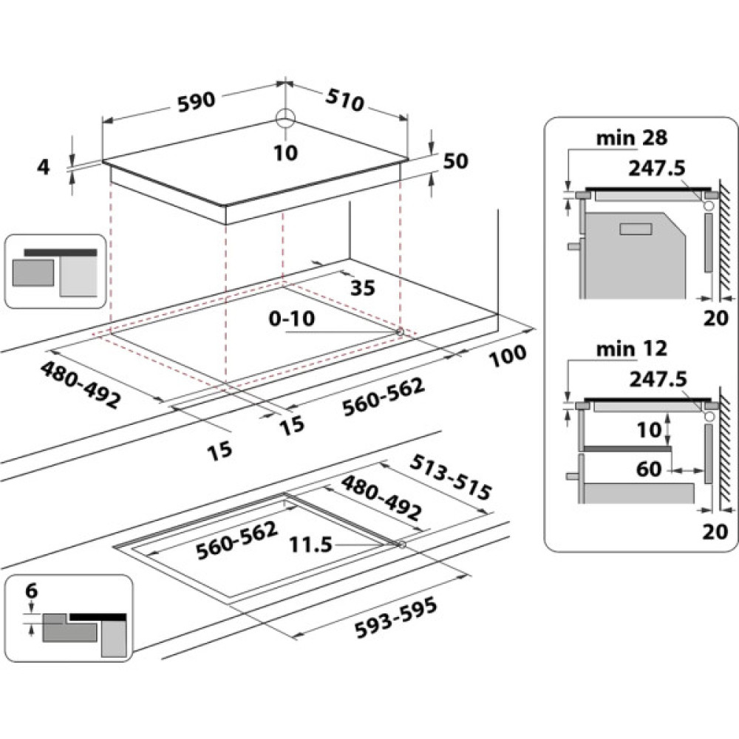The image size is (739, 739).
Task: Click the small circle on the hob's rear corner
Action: pos(285,118)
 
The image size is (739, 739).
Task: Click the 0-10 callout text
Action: pos(292,319)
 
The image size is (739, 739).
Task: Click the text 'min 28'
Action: pos(633,137)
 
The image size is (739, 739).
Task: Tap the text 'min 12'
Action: pos(633,347)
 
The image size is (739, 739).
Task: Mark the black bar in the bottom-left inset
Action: pos(98,616)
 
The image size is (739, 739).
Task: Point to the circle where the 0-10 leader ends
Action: pos(400,333)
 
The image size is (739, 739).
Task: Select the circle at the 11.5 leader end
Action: pos(401,545)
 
